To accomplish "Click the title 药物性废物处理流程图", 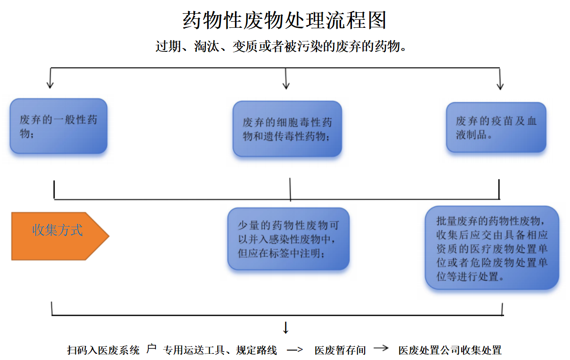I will [x=285, y=21].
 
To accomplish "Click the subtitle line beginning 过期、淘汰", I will [x=281, y=46].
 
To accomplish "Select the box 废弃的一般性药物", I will [x=58, y=126].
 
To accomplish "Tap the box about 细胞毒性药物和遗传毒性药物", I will [x=287, y=129].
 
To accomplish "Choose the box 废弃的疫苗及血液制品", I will [x=496, y=127].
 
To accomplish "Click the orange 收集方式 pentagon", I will [x=58, y=236].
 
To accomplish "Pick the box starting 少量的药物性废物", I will [x=288, y=239].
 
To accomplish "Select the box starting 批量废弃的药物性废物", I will [x=492, y=247].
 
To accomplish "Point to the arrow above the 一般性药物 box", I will [x=50, y=79].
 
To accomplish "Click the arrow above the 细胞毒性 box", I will [x=286, y=79].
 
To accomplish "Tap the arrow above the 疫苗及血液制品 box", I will [x=500, y=79].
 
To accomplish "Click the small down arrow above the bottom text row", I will [x=285, y=327].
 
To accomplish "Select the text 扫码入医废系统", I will [x=103, y=350].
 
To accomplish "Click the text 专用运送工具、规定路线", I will [x=220, y=350].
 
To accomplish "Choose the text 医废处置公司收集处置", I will [x=450, y=350].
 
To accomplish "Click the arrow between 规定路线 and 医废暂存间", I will [x=295, y=350].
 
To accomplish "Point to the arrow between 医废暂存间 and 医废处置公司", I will [x=381, y=349].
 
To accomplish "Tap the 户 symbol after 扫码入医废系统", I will [x=151, y=349].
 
